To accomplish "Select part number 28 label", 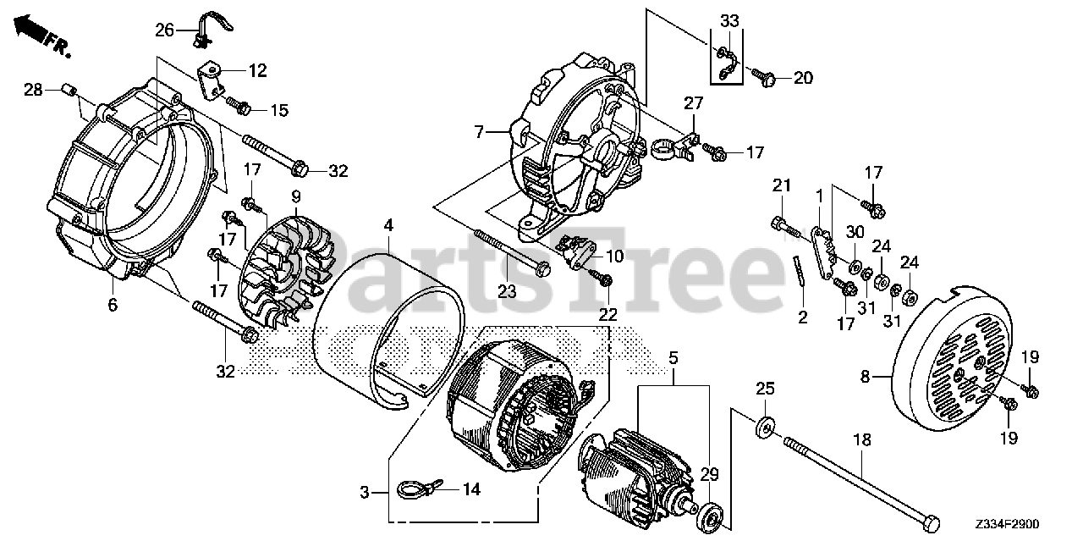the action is pyautogui.click(x=33, y=90).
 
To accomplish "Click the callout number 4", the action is pyautogui.click(x=388, y=226).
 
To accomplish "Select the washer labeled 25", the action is pyautogui.click(x=765, y=428).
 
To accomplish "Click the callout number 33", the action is pyautogui.click(x=729, y=21).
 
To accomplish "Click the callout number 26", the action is pyautogui.click(x=164, y=30).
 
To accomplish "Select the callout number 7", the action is pyautogui.click(x=479, y=132).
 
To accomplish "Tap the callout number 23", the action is pyautogui.click(x=506, y=291).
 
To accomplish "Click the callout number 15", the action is pyautogui.click(x=278, y=110).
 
